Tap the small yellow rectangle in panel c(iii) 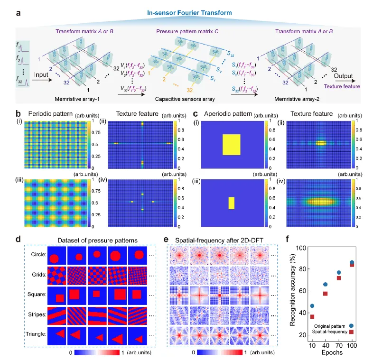click(232, 203)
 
